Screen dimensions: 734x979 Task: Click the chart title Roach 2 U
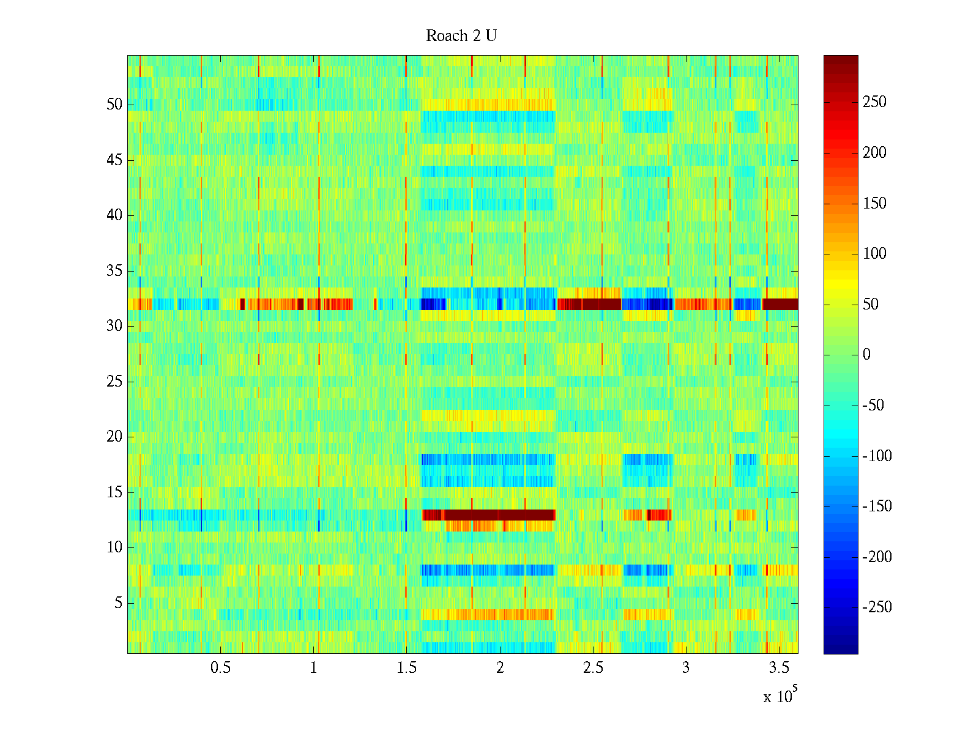[461, 36]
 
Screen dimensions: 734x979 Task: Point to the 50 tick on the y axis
[114, 104]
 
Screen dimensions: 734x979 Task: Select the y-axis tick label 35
[114, 270]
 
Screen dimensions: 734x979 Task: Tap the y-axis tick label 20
[114, 437]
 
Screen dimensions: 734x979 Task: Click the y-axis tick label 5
[118, 603]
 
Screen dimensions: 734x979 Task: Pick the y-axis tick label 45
[114, 160]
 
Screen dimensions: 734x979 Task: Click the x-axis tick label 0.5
[220, 668]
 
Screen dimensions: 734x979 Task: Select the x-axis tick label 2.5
[593, 668]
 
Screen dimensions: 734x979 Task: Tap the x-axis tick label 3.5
[779, 668]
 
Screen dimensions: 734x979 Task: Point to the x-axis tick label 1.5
[406, 668]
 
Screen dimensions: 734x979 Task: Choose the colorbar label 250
[874, 102]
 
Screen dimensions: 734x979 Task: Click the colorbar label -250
[877, 607]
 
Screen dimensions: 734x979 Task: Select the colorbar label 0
[866, 355]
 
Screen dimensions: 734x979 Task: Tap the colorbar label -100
[877, 456]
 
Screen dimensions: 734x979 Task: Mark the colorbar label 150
[874, 203]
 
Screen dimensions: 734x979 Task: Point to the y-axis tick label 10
[114, 547]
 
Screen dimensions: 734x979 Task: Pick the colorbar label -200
[877, 557]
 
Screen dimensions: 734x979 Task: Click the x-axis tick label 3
[686, 668]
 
